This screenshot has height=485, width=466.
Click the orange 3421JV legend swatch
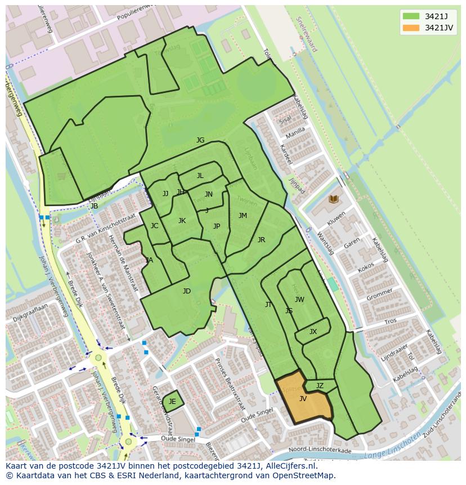point(411,28)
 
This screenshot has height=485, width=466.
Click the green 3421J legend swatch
point(411,16)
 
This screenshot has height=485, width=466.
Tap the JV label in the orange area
point(303,399)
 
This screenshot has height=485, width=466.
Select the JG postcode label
point(200,140)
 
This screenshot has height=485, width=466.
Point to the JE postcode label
point(172,402)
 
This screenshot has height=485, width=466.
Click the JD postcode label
point(187,291)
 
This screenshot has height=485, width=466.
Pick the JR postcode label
point(261,240)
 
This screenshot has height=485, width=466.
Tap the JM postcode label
point(243,216)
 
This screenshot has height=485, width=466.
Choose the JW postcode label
point(299,300)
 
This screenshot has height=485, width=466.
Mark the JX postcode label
point(313,332)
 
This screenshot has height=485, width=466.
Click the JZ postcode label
point(320,386)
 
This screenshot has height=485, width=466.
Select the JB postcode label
point(95,206)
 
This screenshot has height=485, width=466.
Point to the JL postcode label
point(200,176)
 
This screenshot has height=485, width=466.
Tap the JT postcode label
point(268,305)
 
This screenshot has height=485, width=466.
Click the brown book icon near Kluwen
point(333,199)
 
